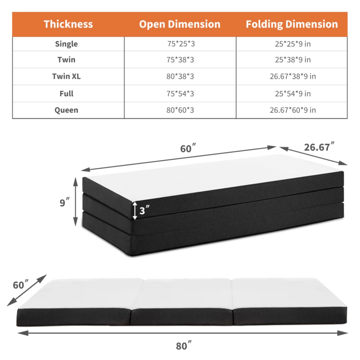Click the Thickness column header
click(x=68, y=24)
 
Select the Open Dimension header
click(x=180, y=24)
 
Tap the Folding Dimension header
click(x=292, y=24)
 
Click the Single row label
click(x=67, y=44)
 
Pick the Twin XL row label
click(x=67, y=76)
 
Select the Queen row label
click(x=67, y=110)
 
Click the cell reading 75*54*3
click(x=180, y=94)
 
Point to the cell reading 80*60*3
click(x=180, y=110)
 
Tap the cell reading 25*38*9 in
click(x=293, y=60)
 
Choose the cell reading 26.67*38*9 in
click(x=293, y=76)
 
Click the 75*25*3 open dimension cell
click(x=180, y=44)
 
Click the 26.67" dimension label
click(x=319, y=147)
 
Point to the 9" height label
click(x=64, y=202)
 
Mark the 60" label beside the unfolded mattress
click(x=21, y=285)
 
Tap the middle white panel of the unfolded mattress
click(x=184, y=295)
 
